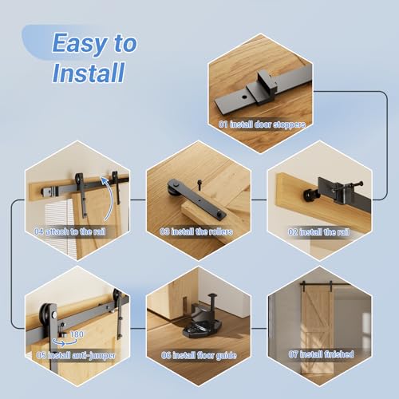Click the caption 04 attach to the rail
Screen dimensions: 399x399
click(73, 231)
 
